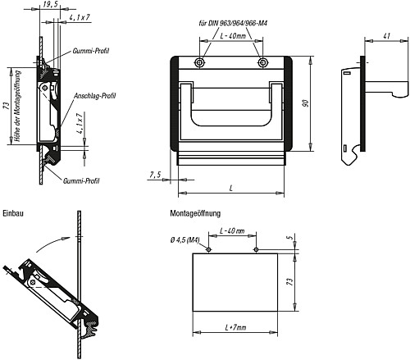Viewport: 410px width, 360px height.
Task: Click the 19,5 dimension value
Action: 52,6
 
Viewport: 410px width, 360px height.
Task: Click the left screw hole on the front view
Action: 199,63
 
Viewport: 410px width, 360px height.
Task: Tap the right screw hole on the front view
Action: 262,63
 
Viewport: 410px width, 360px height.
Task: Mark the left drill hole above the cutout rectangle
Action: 208,249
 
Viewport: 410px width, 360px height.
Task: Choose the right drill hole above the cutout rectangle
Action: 257,249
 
